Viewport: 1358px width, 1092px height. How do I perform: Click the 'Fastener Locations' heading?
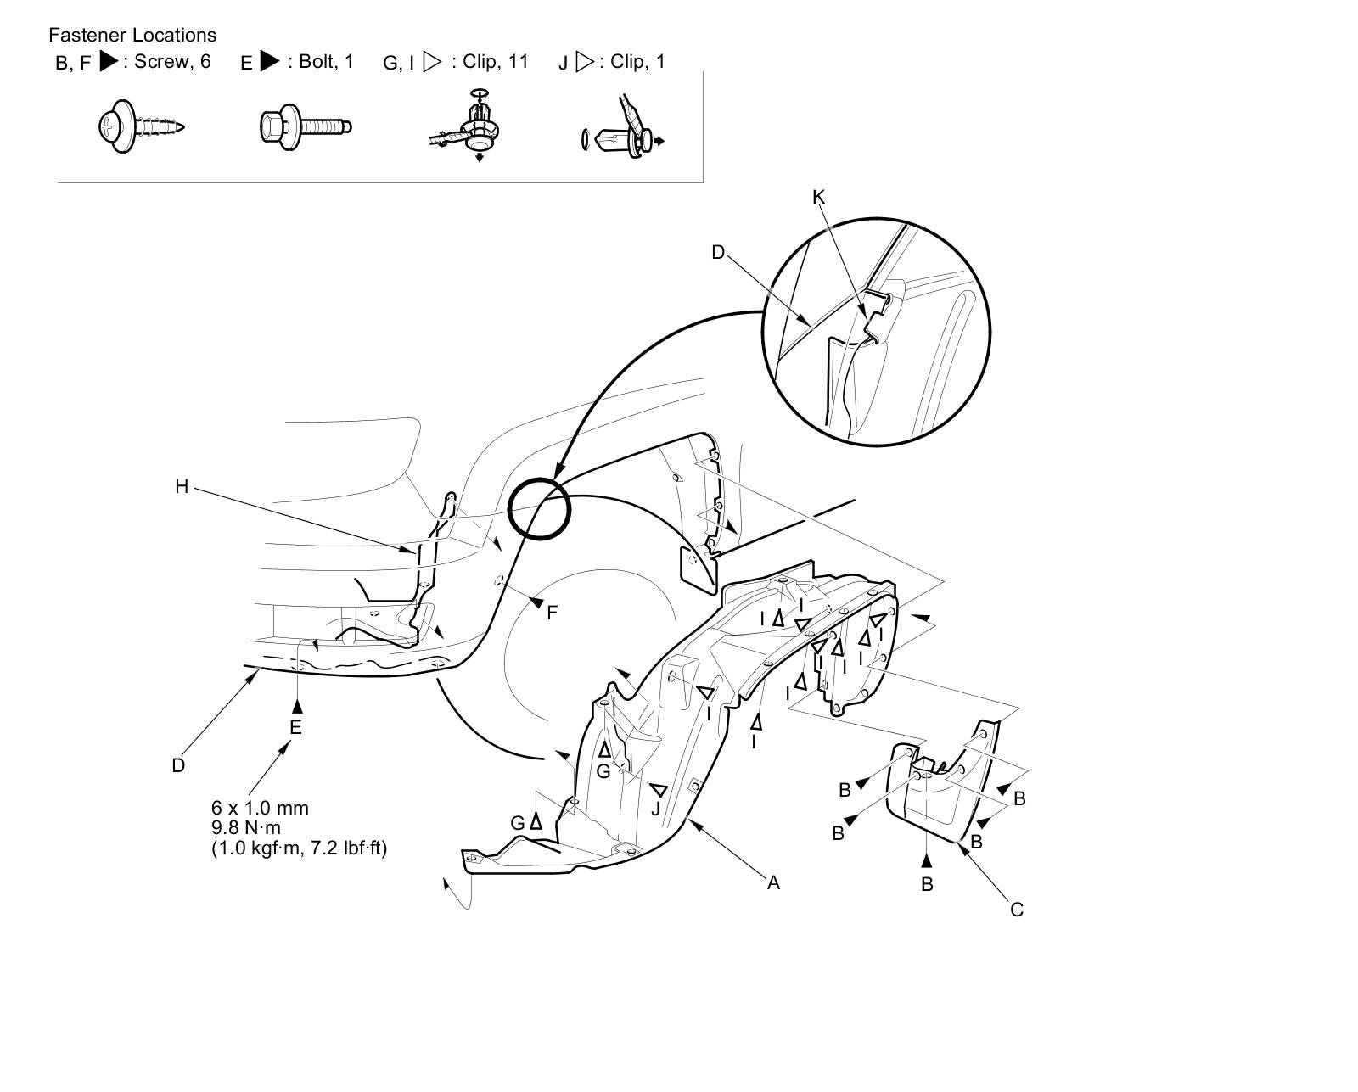(132, 35)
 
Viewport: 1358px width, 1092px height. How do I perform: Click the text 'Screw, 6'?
(172, 61)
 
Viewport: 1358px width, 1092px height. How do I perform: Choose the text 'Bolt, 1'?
(326, 61)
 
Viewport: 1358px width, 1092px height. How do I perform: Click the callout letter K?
(818, 197)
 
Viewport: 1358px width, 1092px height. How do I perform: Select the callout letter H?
(182, 486)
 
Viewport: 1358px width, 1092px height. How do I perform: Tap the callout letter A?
(773, 882)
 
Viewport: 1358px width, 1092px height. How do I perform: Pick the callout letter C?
(1017, 910)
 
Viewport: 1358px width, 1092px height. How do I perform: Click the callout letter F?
(553, 612)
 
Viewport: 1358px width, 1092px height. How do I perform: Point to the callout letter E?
(295, 727)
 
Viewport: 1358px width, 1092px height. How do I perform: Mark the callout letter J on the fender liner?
(655, 809)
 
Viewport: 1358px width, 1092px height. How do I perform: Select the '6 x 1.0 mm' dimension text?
(260, 808)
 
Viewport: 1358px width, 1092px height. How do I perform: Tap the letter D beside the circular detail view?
(718, 252)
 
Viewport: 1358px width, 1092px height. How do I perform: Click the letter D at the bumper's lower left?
(178, 765)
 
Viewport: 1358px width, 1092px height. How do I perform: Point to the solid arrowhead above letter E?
(297, 704)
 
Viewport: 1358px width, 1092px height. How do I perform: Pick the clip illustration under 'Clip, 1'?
(624, 136)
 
